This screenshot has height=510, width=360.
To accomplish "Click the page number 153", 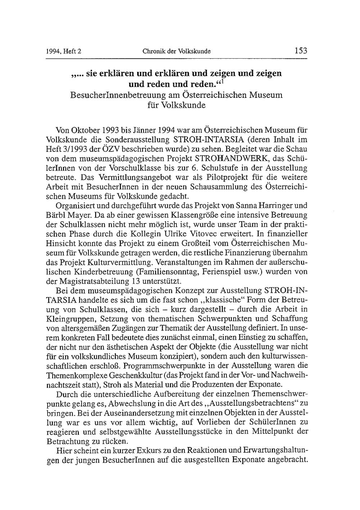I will tap(301, 51).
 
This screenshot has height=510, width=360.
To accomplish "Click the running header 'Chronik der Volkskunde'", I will tap(176, 51).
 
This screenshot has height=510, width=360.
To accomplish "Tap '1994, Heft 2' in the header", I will tap(64, 51).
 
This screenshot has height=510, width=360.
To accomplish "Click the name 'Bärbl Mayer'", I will tap(65, 215).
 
